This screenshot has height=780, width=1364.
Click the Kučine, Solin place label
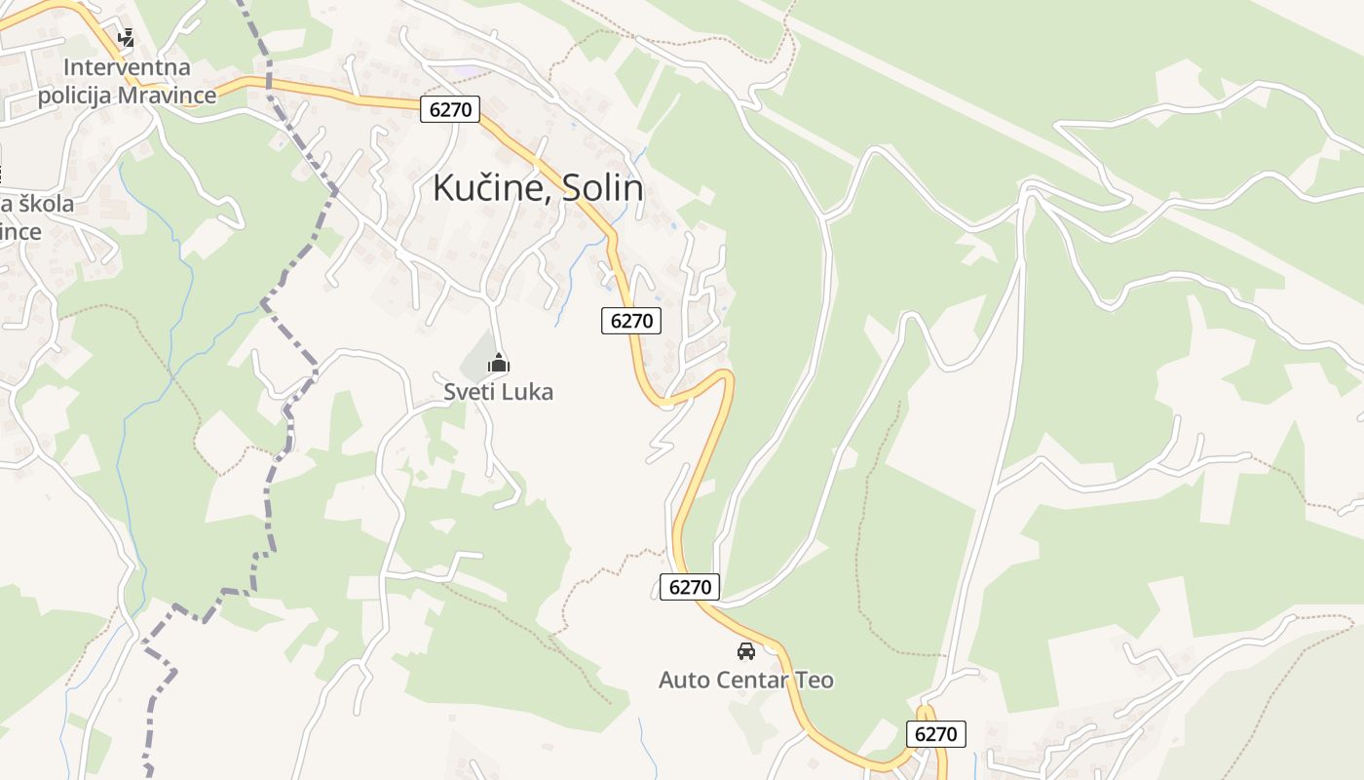pyautogui.click(x=538, y=188)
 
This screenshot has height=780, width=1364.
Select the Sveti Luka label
pyautogui.click(x=498, y=392)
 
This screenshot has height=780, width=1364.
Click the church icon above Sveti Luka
pyautogui.click(x=499, y=365)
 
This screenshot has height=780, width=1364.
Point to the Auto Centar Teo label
pyautogui.click(x=746, y=680)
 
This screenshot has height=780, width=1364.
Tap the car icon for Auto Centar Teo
pyautogui.click(x=746, y=651)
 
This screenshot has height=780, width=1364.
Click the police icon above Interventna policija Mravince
pyautogui.click(x=126, y=39)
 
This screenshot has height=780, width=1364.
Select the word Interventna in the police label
pyautogui.click(x=128, y=68)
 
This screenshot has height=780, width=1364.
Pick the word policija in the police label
pyautogui.click(x=73, y=96)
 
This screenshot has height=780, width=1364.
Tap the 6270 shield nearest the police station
pyautogui.click(x=450, y=109)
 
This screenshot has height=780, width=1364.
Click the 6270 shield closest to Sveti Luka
pyautogui.click(x=631, y=320)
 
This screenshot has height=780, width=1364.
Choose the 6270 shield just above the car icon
pyautogui.click(x=690, y=587)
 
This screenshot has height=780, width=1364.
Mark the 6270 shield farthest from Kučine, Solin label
pyautogui.click(x=936, y=734)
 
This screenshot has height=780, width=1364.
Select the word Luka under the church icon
pyautogui.click(x=529, y=392)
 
